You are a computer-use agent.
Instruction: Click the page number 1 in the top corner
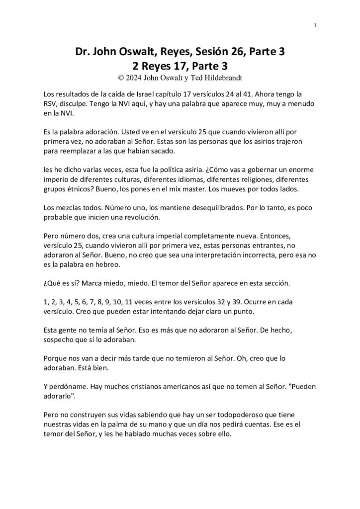316,25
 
